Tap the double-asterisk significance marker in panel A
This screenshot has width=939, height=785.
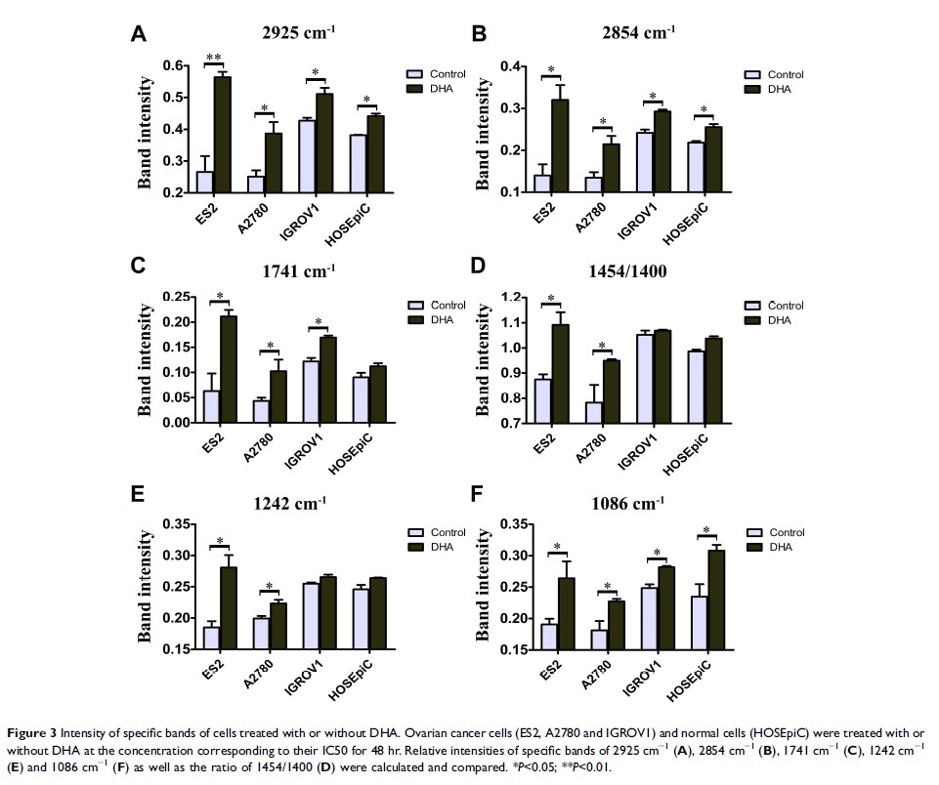[x=212, y=57]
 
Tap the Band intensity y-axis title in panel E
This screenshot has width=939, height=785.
[x=146, y=587]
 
